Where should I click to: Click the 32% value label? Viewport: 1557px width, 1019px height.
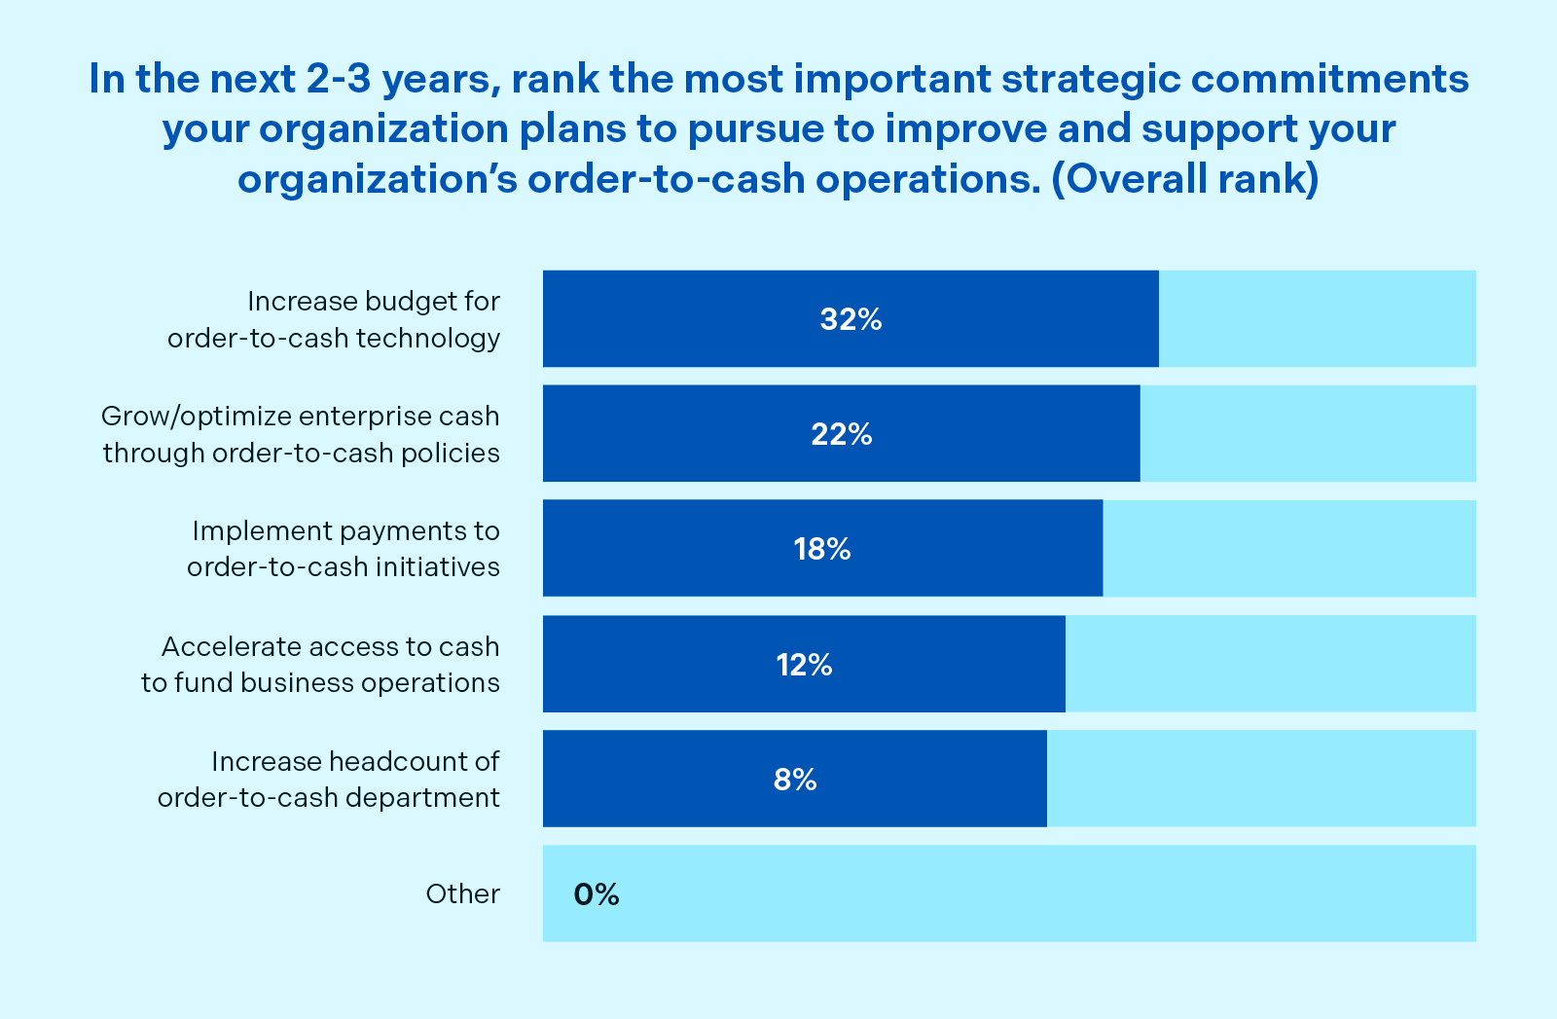pyautogui.click(x=851, y=319)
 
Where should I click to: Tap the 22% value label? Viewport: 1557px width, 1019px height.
pyautogui.click(x=842, y=434)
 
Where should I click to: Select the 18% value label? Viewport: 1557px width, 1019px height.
pyautogui.click(x=822, y=550)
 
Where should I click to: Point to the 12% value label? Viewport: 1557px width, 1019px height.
pyautogui.click(x=804, y=665)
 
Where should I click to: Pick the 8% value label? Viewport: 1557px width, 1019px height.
pyautogui.click(x=795, y=780)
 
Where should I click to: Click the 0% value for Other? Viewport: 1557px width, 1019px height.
pyautogui.click(x=597, y=894)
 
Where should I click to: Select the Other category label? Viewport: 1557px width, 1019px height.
pyautogui.click(x=463, y=894)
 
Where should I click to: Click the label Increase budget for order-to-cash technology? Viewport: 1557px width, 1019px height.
pyautogui.click(x=334, y=319)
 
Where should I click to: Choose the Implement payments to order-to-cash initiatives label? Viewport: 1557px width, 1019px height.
pyautogui.click(x=344, y=549)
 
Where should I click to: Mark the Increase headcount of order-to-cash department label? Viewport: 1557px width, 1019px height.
pyautogui.click(x=329, y=780)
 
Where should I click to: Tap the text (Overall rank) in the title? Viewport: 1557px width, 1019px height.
pyautogui.click(x=1185, y=180)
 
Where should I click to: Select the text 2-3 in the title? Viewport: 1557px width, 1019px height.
pyautogui.click(x=338, y=79)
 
